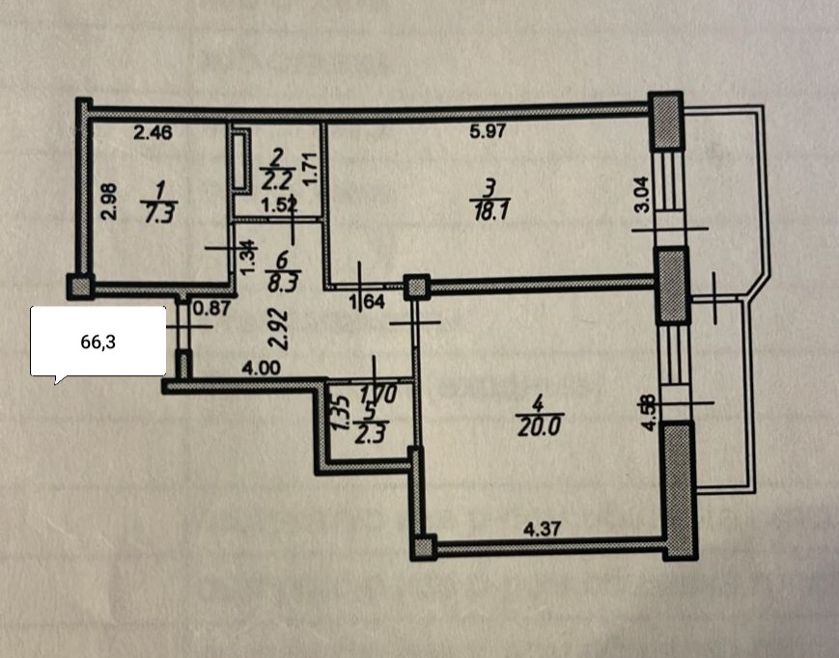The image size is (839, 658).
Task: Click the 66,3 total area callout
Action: (x=98, y=341)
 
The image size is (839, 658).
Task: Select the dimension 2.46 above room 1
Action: (x=152, y=135)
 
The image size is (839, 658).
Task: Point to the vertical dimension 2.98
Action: (x=108, y=203)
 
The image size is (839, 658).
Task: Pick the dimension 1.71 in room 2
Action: (x=311, y=166)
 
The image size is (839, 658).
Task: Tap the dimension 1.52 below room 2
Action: (x=280, y=204)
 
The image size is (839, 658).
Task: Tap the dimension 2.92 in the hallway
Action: (x=275, y=328)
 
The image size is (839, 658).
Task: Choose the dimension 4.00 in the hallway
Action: (x=262, y=368)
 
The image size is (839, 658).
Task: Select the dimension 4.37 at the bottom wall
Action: (x=542, y=529)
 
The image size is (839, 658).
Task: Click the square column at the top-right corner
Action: (x=664, y=122)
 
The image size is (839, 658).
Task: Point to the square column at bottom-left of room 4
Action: (x=424, y=548)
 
